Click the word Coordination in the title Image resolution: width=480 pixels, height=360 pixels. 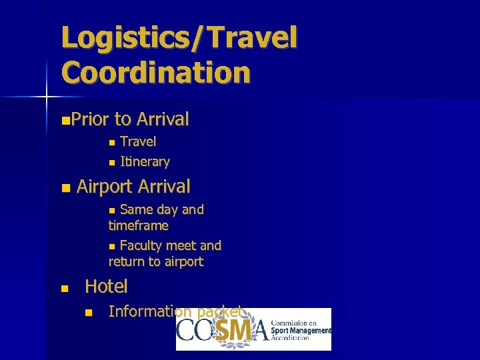click(156, 72)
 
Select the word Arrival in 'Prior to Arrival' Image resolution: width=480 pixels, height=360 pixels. click(163, 119)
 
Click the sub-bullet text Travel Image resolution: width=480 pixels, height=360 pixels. click(138, 141)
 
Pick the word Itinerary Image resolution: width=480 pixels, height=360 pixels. click(145, 162)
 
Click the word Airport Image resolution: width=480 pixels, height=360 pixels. click(103, 186)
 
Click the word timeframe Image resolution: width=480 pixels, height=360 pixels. click(138, 225)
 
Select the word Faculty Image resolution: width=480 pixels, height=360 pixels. click(143, 246)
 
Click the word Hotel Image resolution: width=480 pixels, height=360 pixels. click(106, 287)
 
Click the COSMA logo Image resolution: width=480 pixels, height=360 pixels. click(253, 329)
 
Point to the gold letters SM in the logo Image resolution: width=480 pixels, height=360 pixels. click(231, 329)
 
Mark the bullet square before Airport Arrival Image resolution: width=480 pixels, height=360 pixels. click(64, 189)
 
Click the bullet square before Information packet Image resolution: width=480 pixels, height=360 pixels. click(87, 313)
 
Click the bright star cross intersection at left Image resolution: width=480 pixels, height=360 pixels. click(47, 97)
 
